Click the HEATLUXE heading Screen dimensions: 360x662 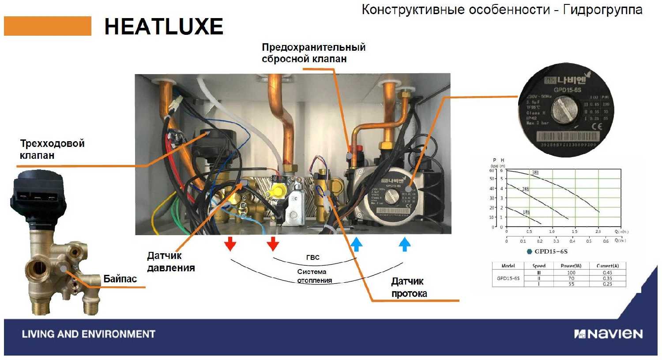[x=163, y=27]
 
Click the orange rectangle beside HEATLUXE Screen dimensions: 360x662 [x=48, y=26]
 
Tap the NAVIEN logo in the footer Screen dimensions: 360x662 [x=608, y=334]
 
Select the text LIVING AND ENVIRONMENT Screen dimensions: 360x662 [x=88, y=334]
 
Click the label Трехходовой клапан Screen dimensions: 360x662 [x=52, y=149]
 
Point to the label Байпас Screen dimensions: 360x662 [x=120, y=279]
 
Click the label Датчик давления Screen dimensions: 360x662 [x=170, y=262]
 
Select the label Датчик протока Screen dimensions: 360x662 [x=409, y=287]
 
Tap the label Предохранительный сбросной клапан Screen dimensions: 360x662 [x=313, y=53]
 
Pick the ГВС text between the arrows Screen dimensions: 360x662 [x=312, y=257]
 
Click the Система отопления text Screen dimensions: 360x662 [x=314, y=276]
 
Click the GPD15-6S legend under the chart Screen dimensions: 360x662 [x=550, y=251]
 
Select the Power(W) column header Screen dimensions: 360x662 [x=571, y=266]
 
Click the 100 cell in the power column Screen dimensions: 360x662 [x=571, y=273]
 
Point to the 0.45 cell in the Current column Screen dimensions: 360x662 [x=607, y=273]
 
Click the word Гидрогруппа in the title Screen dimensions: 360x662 [x=603, y=10]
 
